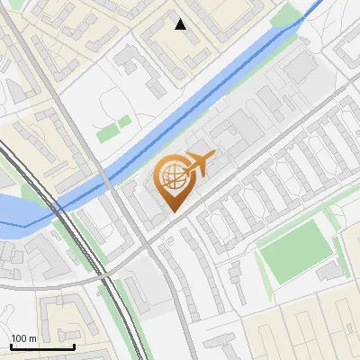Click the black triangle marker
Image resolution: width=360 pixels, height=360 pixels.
click(181, 24)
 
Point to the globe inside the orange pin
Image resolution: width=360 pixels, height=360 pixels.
click(172, 175)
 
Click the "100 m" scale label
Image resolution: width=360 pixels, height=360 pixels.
click(23, 338)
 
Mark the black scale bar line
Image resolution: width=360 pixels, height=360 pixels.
click(42, 347)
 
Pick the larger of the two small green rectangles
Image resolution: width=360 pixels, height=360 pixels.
click(107, 133)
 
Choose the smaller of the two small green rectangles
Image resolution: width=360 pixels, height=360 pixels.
click(124, 121)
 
